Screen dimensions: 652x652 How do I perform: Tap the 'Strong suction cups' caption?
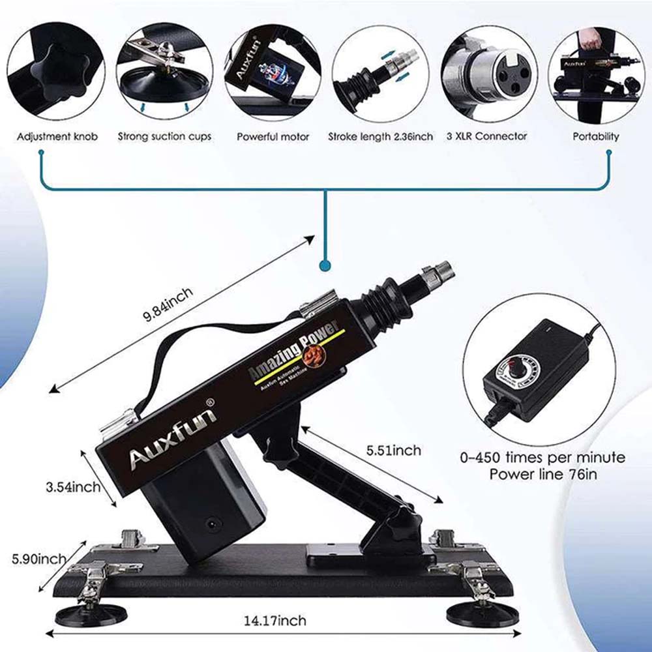tap(164, 137)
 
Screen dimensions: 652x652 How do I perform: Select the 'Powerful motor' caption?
tap(273, 137)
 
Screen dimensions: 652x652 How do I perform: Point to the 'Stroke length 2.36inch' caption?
tap(380, 137)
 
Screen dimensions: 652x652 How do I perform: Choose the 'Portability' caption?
tap(595, 137)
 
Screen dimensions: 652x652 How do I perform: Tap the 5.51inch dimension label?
tap(393, 450)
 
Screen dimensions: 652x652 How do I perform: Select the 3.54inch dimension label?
tap(73, 486)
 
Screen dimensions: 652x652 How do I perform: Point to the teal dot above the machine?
tap(324, 266)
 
